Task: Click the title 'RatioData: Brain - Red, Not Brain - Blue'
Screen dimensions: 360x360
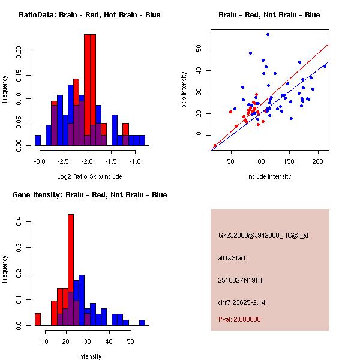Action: (89, 14)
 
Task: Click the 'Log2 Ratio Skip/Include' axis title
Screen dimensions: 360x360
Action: (89, 176)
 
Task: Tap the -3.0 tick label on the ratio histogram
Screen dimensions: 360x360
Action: (40, 161)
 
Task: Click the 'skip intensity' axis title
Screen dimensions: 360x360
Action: (184, 90)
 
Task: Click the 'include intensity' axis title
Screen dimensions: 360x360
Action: (269, 176)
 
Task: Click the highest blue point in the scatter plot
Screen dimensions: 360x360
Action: (268, 34)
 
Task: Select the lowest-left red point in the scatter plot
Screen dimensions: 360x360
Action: (215, 146)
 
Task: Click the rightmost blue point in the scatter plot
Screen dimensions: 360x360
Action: (325, 66)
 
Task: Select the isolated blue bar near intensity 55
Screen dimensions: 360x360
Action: (142, 322)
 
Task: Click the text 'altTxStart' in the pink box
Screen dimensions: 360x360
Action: (232, 258)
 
